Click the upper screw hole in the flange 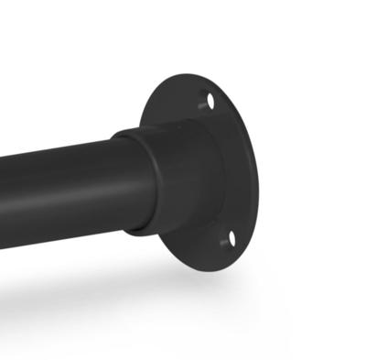(x=210, y=103)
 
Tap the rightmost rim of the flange (x=257, y=179)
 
